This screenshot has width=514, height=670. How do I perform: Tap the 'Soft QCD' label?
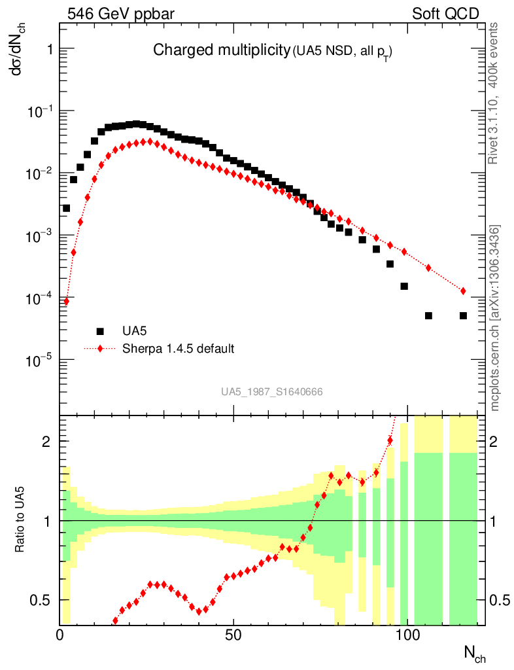click(x=445, y=13)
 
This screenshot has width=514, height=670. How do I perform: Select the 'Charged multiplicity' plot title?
click(x=221, y=50)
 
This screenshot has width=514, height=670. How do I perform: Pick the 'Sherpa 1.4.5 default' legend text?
click(x=179, y=348)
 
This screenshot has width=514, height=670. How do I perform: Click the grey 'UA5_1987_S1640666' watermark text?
click(x=272, y=392)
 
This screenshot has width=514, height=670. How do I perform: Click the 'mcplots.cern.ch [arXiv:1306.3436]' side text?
click(x=494, y=318)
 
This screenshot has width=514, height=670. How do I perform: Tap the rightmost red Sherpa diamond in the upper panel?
click(x=463, y=291)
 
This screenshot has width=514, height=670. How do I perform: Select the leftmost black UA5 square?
click(x=66, y=208)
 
